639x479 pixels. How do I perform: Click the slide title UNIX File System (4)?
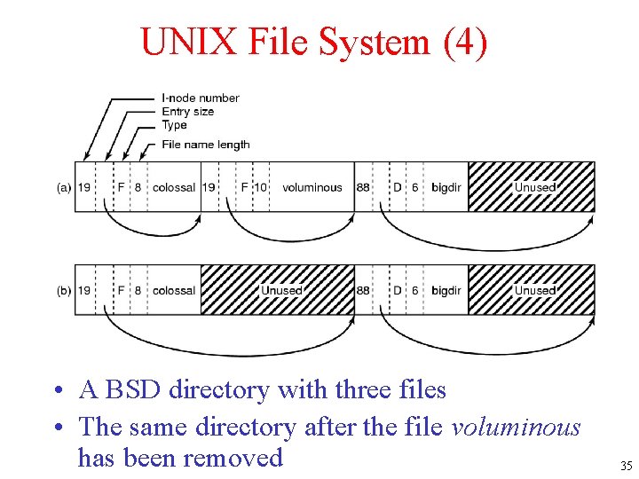313,42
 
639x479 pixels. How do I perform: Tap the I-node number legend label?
201,98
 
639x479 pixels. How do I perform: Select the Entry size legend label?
187,112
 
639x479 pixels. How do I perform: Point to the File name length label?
205,145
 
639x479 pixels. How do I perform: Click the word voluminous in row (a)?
312,187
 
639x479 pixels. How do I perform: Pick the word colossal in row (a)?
174,187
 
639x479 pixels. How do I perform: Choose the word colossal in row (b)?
174,290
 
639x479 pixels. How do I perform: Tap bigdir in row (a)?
446,187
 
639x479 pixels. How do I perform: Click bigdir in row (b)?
446,290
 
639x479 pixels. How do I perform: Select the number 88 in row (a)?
364,187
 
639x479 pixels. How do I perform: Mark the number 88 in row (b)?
364,290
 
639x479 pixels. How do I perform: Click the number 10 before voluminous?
261,187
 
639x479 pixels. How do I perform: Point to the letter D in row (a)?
398,187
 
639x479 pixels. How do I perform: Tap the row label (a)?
64,187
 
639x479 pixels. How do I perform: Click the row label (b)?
64,290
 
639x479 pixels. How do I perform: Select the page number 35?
626,466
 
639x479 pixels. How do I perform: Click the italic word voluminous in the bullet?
516,428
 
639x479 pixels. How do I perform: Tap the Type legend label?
175,125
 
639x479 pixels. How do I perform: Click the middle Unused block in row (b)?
278,290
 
